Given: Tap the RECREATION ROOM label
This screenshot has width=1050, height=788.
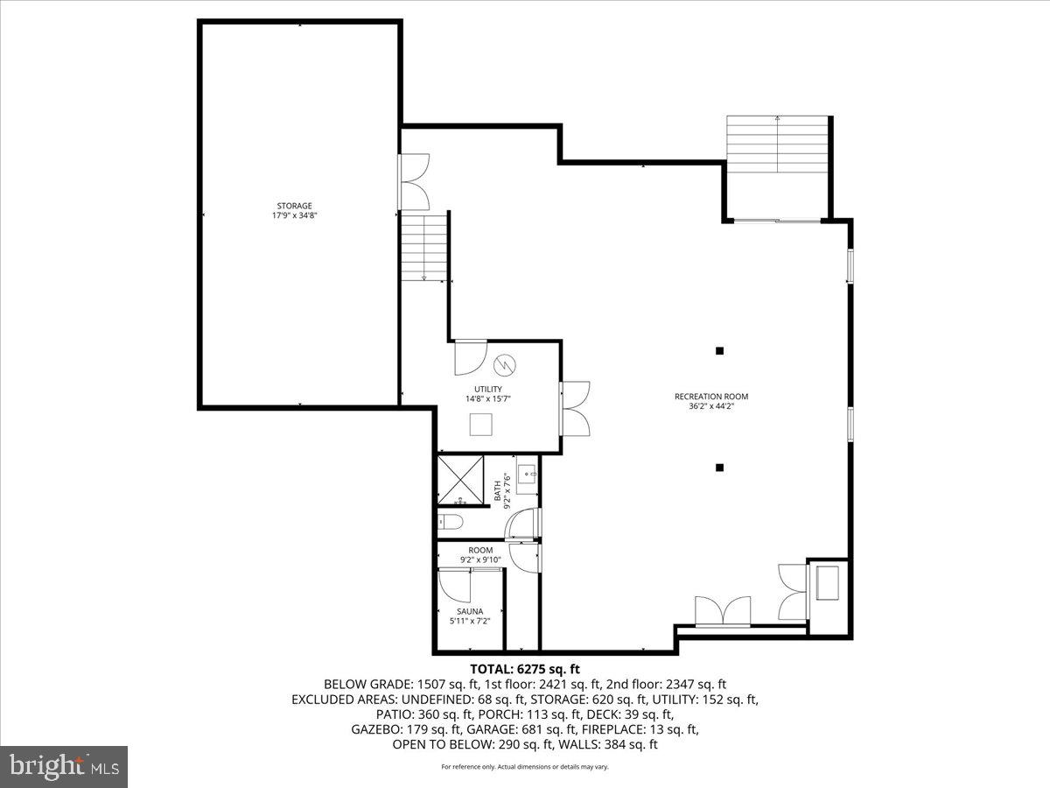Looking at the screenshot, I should (710, 397).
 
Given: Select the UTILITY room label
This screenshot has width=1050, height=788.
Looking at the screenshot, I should (488, 390).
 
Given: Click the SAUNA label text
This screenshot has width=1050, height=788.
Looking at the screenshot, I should (470, 611).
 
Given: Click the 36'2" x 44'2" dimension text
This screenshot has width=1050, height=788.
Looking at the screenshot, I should (710, 406).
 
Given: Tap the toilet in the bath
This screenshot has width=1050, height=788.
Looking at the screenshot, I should (451, 523).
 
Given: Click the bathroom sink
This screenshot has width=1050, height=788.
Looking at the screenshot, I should (528, 476).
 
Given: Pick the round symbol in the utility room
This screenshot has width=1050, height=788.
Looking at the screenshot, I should (506, 362).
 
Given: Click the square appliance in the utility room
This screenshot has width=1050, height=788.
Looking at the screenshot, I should (482, 425).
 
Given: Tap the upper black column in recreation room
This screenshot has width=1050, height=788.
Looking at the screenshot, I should (719, 351).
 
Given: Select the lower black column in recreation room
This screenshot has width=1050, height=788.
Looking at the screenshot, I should (719, 468).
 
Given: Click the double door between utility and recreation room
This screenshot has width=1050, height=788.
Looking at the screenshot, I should (576, 408).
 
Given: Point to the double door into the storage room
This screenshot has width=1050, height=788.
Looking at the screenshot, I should (414, 181).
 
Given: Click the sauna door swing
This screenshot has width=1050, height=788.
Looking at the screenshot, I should (455, 586).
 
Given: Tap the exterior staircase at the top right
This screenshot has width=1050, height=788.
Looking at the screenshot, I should (777, 144).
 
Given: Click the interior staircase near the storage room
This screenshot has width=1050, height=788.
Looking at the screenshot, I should (424, 249).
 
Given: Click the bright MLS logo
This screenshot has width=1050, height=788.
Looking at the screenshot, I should (64, 766).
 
